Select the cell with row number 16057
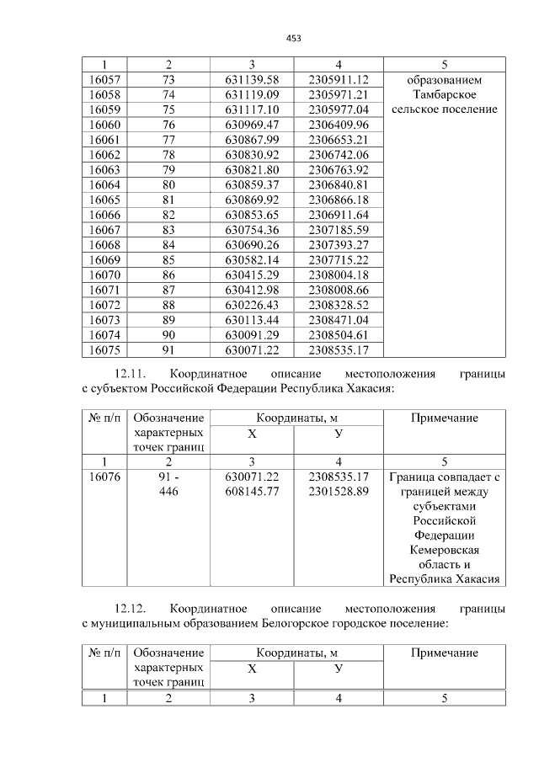click(104, 79)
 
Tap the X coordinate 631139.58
click(252, 79)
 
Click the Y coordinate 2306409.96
click(339, 125)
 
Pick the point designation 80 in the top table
click(168, 184)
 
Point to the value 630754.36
click(252, 230)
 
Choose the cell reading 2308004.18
click(339, 274)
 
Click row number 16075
click(104, 349)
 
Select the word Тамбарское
click(445, 94)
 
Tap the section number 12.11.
click(131, 373)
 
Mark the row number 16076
click(104, 477)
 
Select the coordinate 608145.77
click(252, 493)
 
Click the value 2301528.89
click(339, 493)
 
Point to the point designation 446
click(168, 493)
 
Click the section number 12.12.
click(131, 608)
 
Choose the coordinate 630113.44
click(252, 320)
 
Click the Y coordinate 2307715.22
click(339, 259)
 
